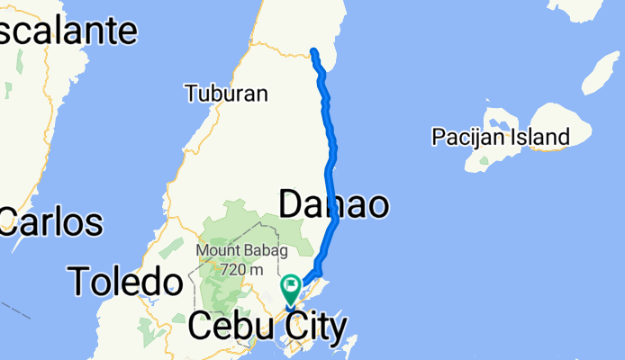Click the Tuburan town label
226,93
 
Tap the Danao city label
333,204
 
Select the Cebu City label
267,328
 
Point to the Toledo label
125,282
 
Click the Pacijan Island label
500,138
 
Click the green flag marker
292,289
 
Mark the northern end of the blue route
313,50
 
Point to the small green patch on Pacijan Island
484,164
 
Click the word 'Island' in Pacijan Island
537,138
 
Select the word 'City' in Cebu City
315,328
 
